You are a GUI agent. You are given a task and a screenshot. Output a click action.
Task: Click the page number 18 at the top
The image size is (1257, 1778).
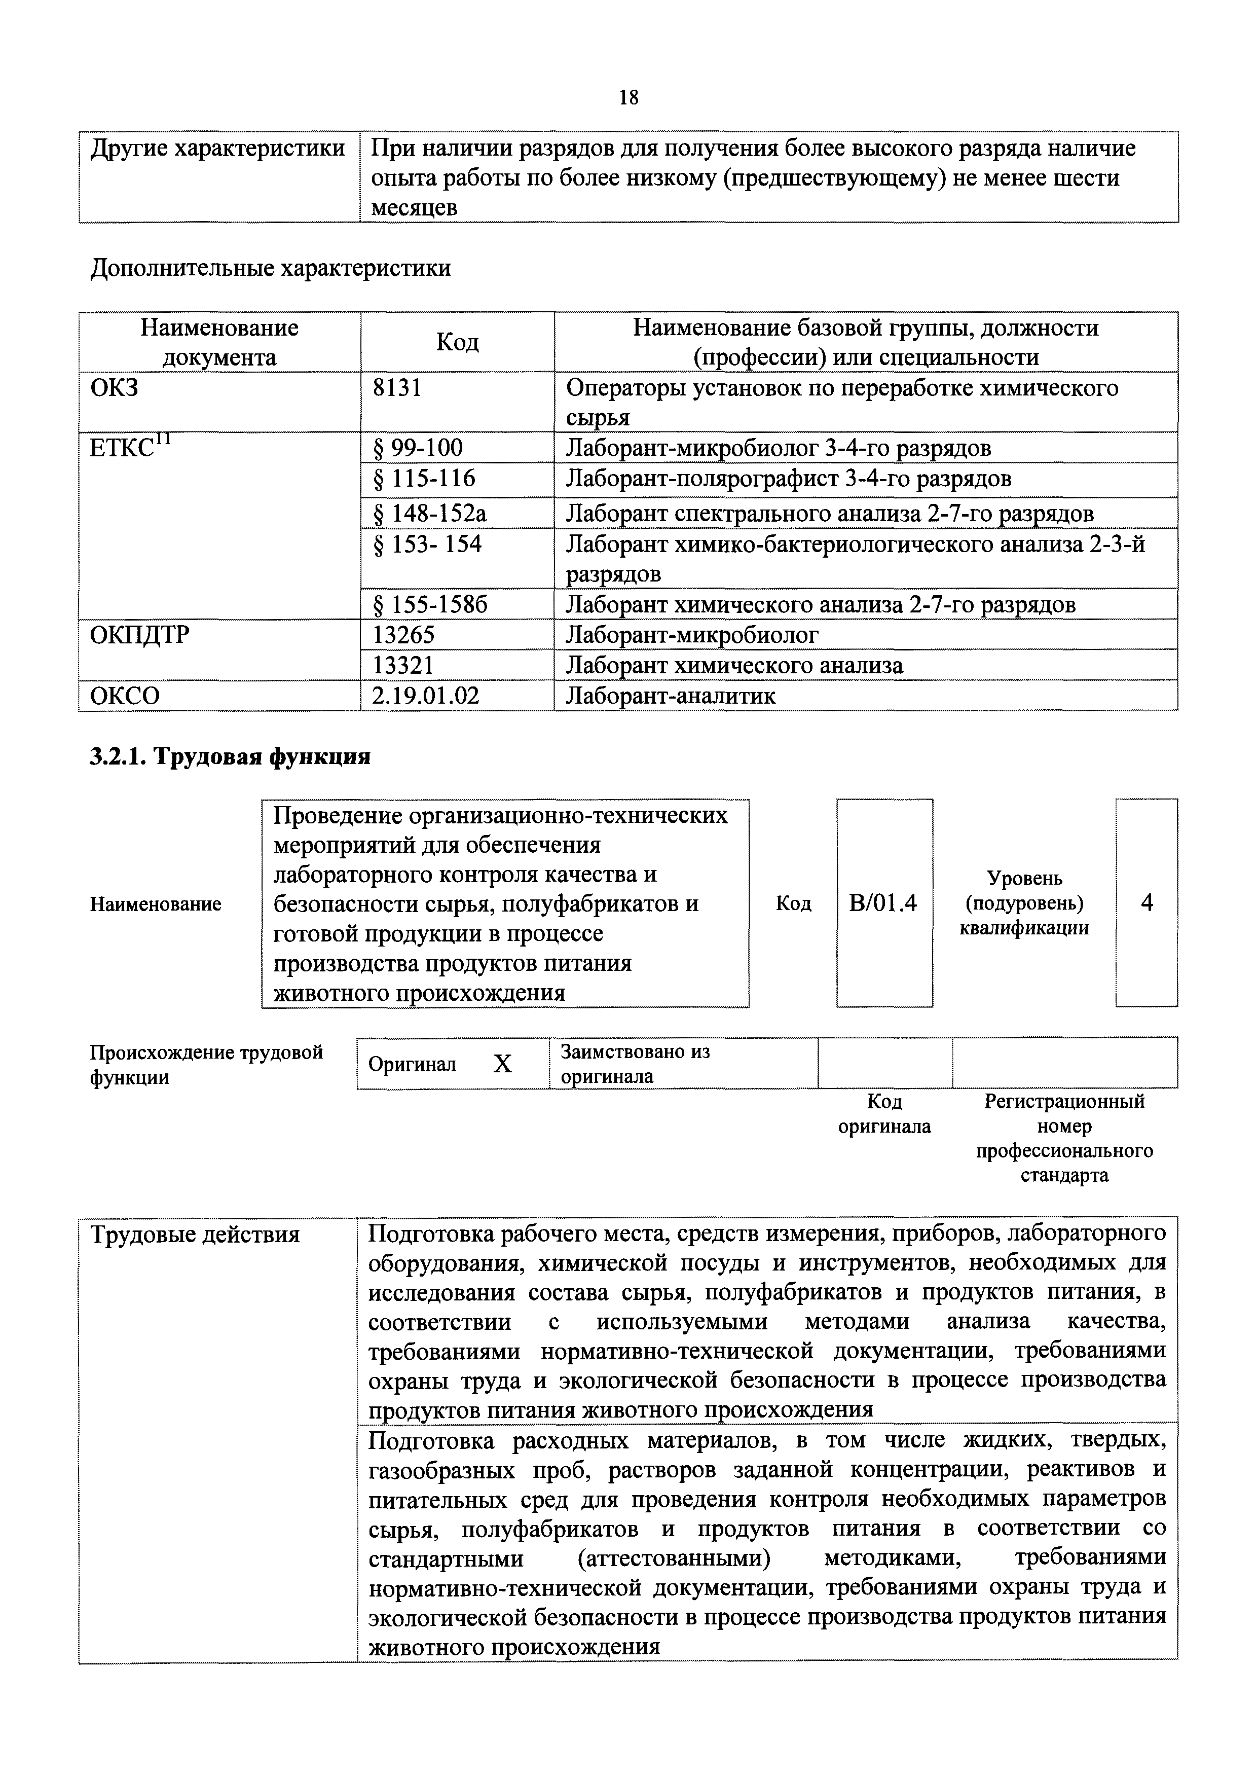point(628,97)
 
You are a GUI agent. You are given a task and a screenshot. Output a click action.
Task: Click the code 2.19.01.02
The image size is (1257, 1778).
point(426,696)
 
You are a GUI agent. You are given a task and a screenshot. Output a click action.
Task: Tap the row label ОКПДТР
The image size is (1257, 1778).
point(139,635)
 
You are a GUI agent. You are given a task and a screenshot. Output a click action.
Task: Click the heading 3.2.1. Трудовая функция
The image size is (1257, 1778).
point(230,756)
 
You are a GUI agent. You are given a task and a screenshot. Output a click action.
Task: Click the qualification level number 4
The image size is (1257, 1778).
point(1147,903)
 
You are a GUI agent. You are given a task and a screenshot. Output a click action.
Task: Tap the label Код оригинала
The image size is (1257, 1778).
point(884,1113)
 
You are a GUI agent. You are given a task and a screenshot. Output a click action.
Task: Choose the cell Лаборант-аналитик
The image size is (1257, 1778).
point(670,696)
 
